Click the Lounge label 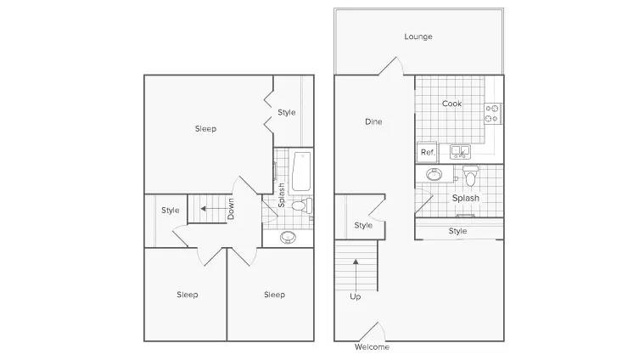[418, 37]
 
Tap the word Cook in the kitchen [451, 104]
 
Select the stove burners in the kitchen [492, 113]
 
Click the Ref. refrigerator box [427, 152]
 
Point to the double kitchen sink [460, 152]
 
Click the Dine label [373, 121]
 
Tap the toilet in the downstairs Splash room [471, 176]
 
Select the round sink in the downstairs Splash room [434, 175]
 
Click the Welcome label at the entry [372, 347]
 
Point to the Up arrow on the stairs [356, 274]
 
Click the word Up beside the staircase [355, 297]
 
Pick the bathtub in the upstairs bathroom [301, 172]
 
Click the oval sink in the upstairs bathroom [289, 237]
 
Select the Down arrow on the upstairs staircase [214, 209]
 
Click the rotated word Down [231, 209]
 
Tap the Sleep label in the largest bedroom [205, 129]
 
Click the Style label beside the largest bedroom [287, 112]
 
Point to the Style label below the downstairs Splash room [457, 231]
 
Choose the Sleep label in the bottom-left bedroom [188, 295]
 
